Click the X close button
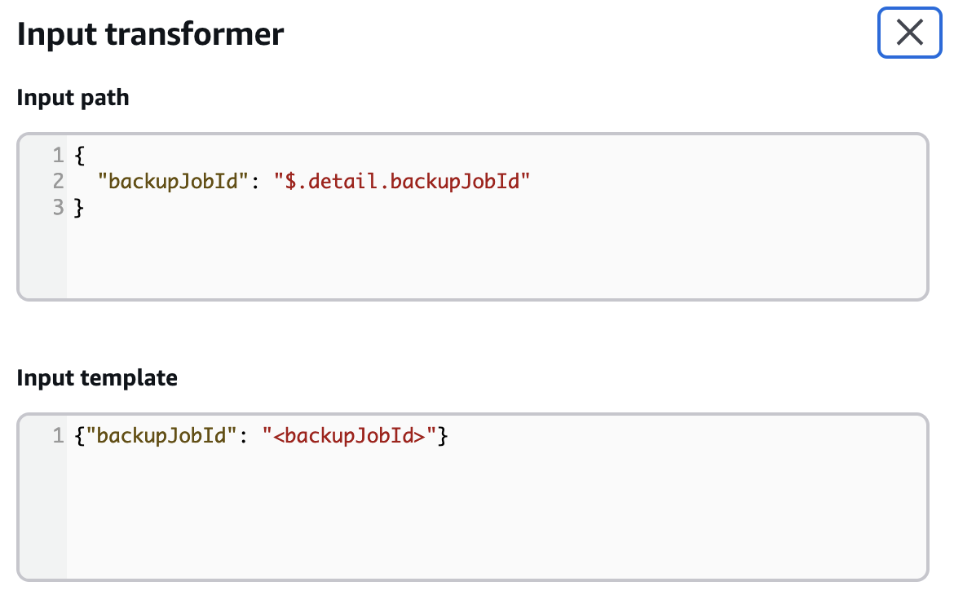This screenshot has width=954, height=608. [909, 33]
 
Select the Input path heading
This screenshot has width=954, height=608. [73, 98]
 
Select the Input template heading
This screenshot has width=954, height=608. [96, 378]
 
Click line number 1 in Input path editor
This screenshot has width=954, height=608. [58, 154]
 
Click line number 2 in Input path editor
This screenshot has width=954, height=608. [58, 181]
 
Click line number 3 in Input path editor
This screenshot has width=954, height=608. [58, 208]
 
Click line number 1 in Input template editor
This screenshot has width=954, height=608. [58, 436]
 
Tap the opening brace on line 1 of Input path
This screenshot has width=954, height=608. [79, 154]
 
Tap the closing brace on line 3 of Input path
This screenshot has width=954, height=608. [79, 208]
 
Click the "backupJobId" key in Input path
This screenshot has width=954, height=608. [172, 181]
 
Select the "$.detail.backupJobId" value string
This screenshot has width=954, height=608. [402, 181]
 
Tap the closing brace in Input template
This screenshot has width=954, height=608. [443, 436]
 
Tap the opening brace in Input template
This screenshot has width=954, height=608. [79, 436]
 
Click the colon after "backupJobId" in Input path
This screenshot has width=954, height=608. [254, 181]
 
